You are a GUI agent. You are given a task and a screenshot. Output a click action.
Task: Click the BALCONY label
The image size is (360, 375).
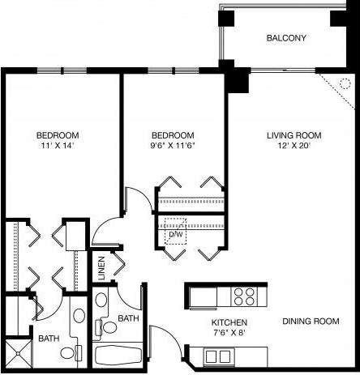[x=286, y=38]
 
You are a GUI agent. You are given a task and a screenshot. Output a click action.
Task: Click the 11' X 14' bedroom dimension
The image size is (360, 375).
[x=56, y=146]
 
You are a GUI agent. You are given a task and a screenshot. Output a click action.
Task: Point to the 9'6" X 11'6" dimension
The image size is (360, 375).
[x=174, y=146]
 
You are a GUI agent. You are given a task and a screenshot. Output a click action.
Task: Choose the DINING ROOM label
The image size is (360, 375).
[x=310, y=322]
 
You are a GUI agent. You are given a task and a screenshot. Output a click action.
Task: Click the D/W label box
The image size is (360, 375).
[x=175, y=234]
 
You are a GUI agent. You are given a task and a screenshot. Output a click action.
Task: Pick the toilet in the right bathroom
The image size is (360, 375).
[x=105, y=328]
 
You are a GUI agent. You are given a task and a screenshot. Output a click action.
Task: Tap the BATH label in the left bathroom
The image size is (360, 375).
[x=48, y=338]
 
